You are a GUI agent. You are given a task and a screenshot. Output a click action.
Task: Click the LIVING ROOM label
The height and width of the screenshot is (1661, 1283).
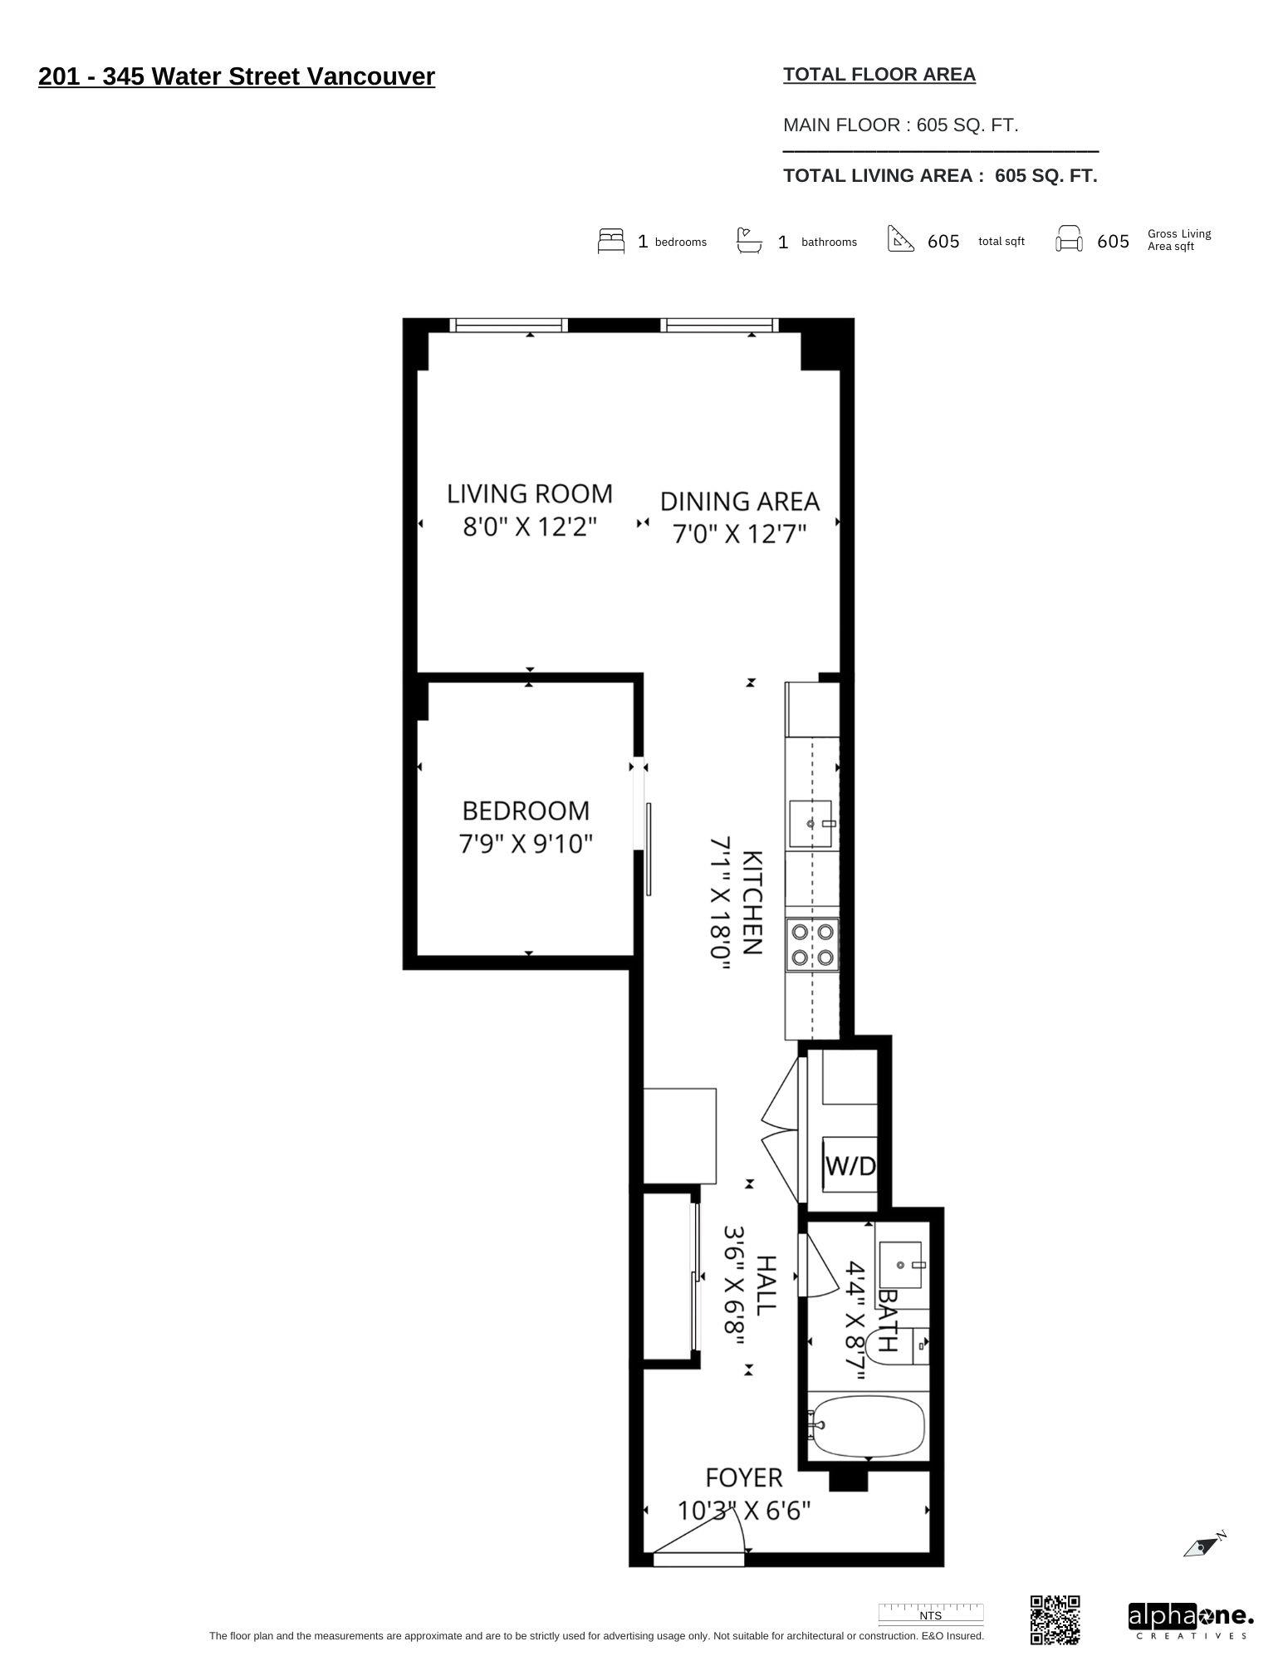pos(530,493)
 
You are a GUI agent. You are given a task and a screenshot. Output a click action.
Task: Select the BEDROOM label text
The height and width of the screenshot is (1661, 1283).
pos(526,811)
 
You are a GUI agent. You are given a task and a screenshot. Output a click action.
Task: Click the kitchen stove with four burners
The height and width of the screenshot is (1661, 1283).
pos(812,944)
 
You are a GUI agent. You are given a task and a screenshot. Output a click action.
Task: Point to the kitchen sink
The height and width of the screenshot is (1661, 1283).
pos(810,823)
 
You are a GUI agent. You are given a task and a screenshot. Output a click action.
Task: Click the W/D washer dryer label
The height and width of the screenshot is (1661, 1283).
pos(850,1166)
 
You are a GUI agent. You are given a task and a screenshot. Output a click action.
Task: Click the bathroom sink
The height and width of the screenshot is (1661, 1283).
pos(900,1265)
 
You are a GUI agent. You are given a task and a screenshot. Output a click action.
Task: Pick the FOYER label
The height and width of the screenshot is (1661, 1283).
pos(744,1477)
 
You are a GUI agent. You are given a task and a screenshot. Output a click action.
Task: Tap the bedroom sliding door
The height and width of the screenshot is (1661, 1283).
pos(648,848)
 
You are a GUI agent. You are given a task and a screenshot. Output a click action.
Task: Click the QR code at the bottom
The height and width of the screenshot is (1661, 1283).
pos(1055,1619)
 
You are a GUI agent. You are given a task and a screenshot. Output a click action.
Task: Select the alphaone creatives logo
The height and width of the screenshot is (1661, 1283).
pos(1190,1620)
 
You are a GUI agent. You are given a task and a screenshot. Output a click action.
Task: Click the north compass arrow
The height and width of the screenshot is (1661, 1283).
pos(1203,1546)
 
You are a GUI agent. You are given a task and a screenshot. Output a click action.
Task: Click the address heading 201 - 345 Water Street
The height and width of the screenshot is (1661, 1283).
pos(237,76)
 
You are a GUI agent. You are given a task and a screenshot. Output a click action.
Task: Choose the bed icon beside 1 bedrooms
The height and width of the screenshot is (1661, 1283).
pos(610,241)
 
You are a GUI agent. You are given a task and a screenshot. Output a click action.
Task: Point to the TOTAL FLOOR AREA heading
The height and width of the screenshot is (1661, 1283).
pos(879,75)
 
